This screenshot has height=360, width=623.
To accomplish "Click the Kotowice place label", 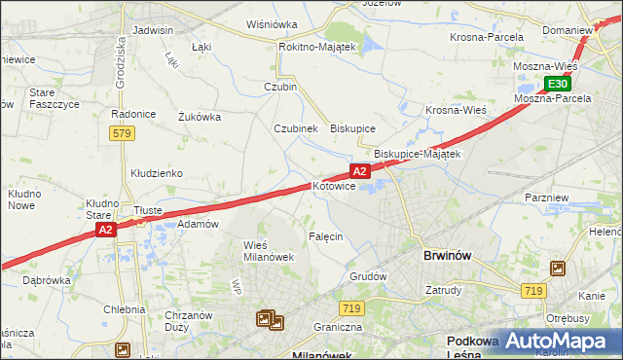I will click(x=341, y=185).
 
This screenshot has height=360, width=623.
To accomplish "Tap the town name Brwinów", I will click(x=448, y=255).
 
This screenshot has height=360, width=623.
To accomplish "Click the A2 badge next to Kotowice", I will click(x=359, y=171).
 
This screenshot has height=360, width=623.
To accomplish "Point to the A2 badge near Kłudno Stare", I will click(x=106, y=230).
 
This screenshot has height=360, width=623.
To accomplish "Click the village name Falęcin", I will click(x=326, y=236).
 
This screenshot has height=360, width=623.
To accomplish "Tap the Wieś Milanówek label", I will click(x=268, y=250).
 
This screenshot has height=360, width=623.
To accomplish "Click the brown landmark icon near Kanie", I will click(x=558, y=268).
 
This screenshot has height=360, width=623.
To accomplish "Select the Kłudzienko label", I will click(x=157, y=173).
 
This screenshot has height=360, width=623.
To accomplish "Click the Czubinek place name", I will click(x=295, y=128).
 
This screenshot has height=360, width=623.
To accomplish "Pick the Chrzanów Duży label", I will click(x=189, y=321).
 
